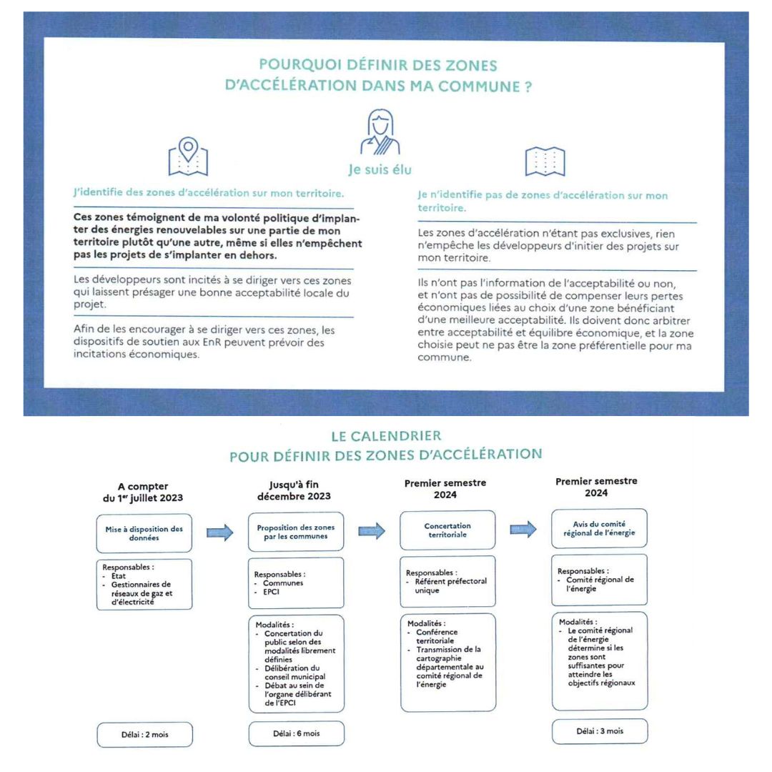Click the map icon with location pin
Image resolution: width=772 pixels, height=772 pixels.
[187, 157]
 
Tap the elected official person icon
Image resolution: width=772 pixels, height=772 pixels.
[378, 132]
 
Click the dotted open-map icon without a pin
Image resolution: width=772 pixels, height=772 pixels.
[545, 162]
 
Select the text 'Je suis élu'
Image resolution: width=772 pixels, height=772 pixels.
[378, 170]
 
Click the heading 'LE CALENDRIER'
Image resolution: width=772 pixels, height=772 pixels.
[386, 435]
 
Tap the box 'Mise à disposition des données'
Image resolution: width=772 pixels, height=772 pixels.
[144, 533]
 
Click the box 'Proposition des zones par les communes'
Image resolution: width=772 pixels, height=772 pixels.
[295, 533]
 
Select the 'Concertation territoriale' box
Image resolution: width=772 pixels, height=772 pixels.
[447, 530]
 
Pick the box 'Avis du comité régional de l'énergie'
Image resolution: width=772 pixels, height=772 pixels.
[600, 528]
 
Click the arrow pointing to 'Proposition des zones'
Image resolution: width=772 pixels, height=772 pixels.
[219, 533]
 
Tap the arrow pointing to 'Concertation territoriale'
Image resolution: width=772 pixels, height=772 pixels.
[372, 530]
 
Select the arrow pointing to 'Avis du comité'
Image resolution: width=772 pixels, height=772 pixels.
[523, 529]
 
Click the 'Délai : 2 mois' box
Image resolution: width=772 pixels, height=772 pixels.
[145, 734]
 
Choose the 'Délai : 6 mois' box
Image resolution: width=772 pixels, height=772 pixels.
[296, 733]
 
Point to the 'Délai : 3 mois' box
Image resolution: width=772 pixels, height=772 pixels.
[600, 731]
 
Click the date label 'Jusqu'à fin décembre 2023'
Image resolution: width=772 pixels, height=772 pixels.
[295, 490]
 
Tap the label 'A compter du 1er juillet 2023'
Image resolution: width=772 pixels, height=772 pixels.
[144, 492]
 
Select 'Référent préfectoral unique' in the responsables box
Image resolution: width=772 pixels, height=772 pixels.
[451, 586]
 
